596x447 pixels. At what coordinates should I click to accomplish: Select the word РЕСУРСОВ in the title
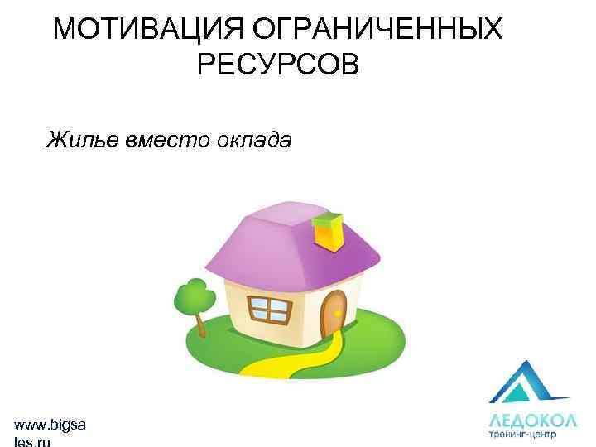278,64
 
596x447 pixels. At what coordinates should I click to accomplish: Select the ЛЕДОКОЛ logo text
532,418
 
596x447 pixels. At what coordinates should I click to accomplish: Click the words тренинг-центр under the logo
522,433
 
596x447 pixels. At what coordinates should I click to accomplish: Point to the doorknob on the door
338,313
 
